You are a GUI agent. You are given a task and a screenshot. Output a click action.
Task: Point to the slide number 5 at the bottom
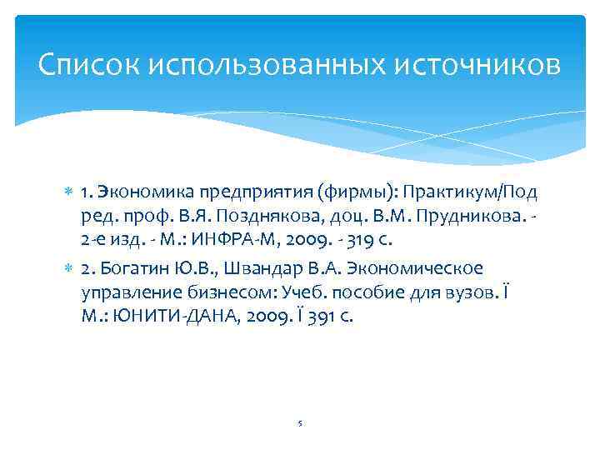[299, 422]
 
